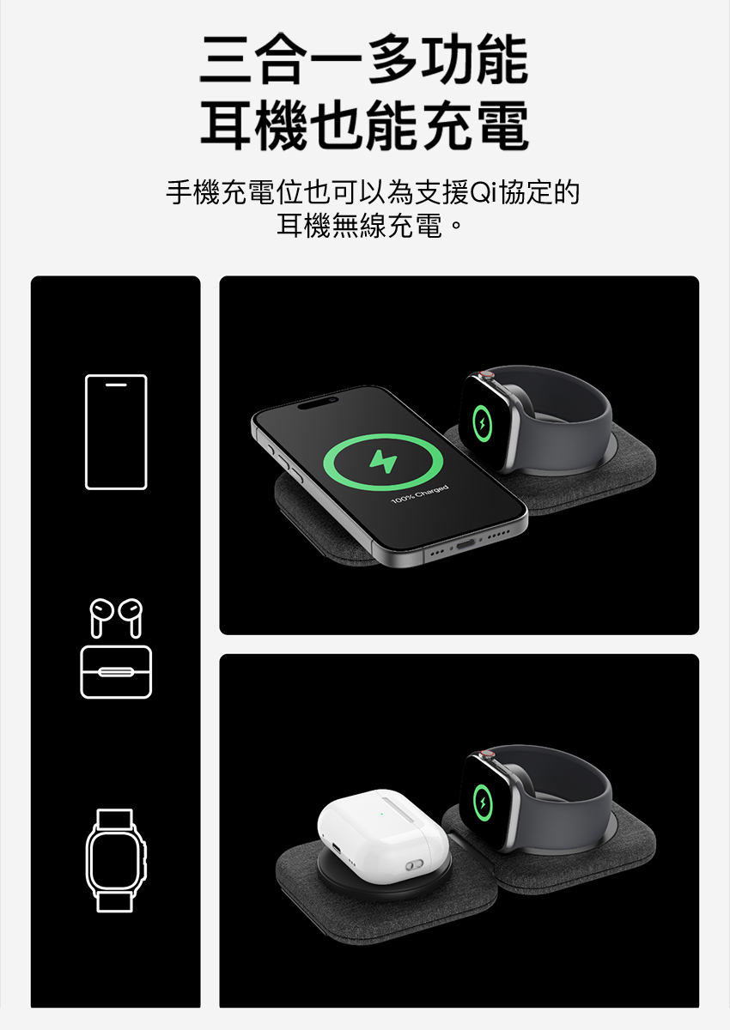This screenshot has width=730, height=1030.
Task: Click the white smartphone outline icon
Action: click(x=116, y=432)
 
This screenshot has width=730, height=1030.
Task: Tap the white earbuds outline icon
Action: click(x=116, y=617)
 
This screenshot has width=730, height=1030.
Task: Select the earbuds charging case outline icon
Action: click(x=116, y=672)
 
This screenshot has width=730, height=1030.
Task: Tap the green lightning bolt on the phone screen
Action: click(x=383, y=462)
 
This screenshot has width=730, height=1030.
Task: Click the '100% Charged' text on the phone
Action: click(x=419, y=494)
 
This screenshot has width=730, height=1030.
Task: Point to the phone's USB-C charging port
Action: click(x=465, y=544)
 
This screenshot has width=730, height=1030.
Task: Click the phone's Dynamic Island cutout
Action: click(x=315, y=403)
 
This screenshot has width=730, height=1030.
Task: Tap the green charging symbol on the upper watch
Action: click(x=482, y=423)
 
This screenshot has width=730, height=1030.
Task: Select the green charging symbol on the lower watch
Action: click(x=483, y=803)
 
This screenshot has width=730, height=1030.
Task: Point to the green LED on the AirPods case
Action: click(x=381, y=814)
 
